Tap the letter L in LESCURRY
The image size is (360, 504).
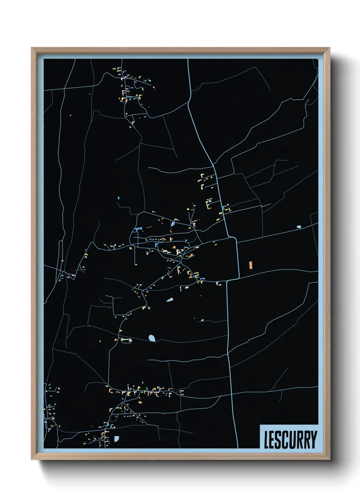pyautogui.click(x=267, y=440)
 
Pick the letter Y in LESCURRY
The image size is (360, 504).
pyautogui.click(x=313, y=440)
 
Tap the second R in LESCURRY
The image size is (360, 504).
pyautogui.click(x=307, y=440)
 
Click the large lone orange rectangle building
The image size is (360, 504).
pyautogui.click(x=250, y=265)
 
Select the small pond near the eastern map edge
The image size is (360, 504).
pyautogui.click(x=299, y=227)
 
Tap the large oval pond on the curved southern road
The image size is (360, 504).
pyautogui.click(x=152, y=338)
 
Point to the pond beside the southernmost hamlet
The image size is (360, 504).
pyautogui.click(x=117, y=439)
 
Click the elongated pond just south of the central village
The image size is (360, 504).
pyautogui.click(x=170, y=300)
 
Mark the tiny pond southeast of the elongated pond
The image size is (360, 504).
pyautogui.click(x=202, y=320)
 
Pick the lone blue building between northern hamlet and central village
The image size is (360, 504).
pyautogui.click(x=118, y=198)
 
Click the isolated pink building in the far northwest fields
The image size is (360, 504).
pyautogui.click(x=71, y=115)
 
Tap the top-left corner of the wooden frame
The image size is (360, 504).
pyautogui.click(x=32, y=48)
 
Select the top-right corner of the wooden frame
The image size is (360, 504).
pyautogui.click(x=329, y=48)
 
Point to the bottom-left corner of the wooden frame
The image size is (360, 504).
pyautogui.click(x=32, y=459)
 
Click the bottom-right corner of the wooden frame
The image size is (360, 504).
pyautogui.click(x=329, y=459)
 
